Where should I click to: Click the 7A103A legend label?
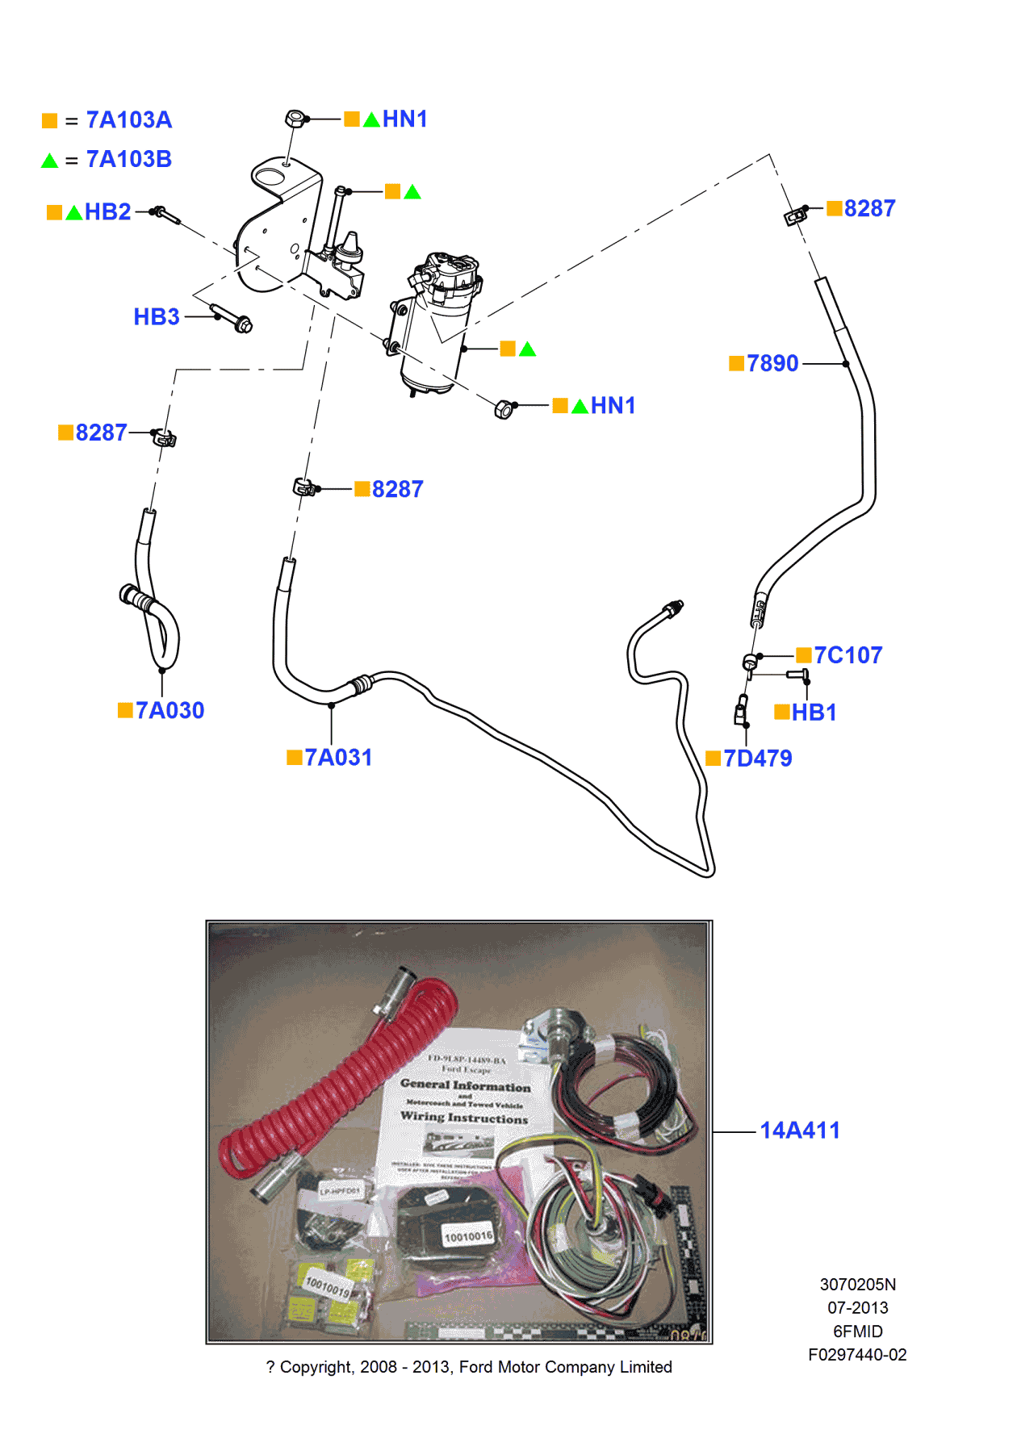tap(128, 120)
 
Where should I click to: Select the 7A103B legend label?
tap(128, 160)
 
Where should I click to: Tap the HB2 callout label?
tap(107, 212)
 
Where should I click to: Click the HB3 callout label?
tap(157, 317)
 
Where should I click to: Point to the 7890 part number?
tap(772, 364)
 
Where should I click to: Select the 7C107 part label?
tap(847, 655)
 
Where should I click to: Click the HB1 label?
tap(814, 713)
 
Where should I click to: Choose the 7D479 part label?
tap(757, 759)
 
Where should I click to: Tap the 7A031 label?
tap(338, 758)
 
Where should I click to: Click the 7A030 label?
tap(169, 711)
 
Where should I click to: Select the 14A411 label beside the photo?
tap(799, 1131)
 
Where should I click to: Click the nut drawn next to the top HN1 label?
tap(295, 119)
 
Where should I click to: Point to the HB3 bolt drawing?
tap(232, 318)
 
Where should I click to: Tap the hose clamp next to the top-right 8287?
tap(795, 215)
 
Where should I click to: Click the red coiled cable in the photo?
tap(339, 1081)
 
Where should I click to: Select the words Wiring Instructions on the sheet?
tap(464, 1118)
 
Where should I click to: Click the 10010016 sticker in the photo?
tap(468, 1236)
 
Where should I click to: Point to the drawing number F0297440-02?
tap(857, 1355)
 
